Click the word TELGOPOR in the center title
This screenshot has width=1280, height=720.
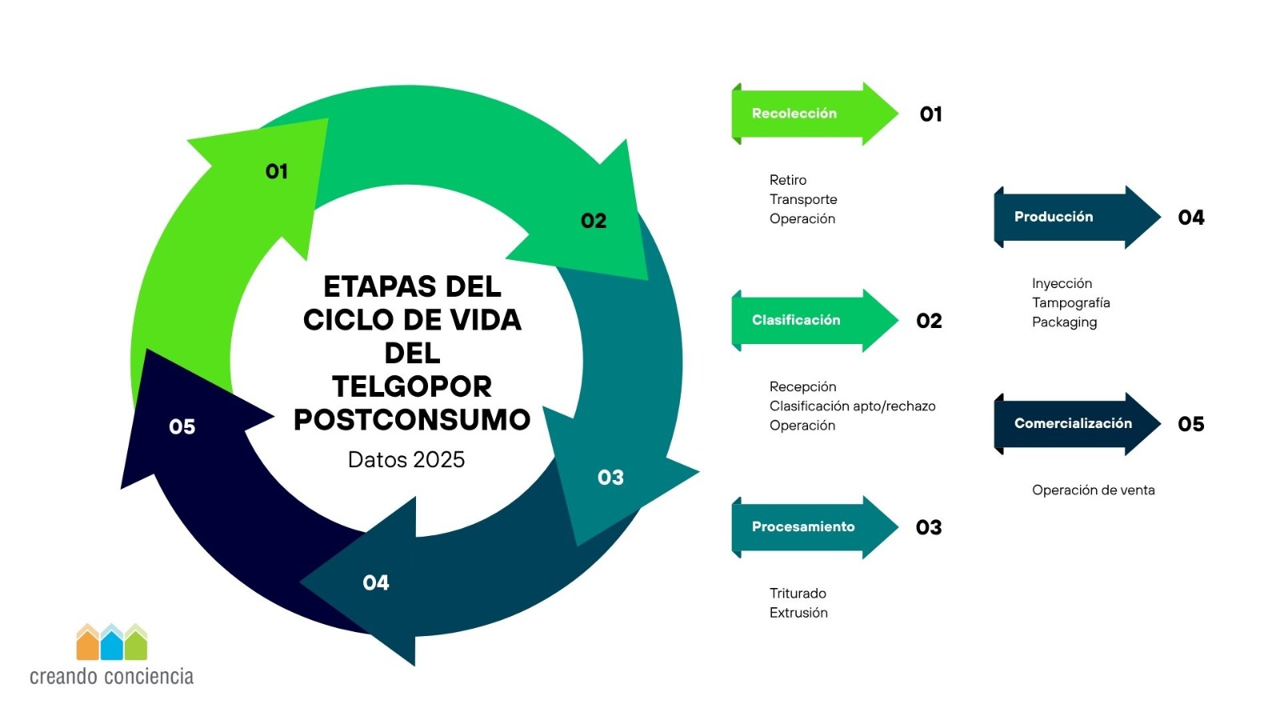tap(412, 387)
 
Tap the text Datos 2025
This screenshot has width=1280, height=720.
tap(406, 460)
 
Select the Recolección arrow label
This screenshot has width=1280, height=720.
tap(794, 113)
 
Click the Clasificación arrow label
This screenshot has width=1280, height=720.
tap(796, 320)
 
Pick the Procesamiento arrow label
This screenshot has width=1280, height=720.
tap(803, 527)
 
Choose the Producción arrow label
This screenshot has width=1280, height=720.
tap(1054, 217)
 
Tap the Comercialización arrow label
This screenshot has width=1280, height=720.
tap(1073, 423)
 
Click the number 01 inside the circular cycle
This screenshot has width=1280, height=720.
tap(277, 171)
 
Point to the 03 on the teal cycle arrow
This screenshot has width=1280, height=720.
tap(610, 478)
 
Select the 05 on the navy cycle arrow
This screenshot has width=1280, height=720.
tap(182, 427)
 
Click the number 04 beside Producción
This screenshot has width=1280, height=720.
tap(1191, 218)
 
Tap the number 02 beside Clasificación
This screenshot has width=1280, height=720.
tap(929, 321)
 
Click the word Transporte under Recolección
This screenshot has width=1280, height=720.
tap(803, 199)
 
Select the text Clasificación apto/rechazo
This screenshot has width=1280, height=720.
tap(852, 406)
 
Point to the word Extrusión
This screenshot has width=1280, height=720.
tap(798, 613)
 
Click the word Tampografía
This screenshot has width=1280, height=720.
tap(1071, 303)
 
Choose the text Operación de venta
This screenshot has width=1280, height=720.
tap(1093, 490)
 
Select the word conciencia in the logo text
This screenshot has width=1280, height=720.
tap(149, 677)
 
